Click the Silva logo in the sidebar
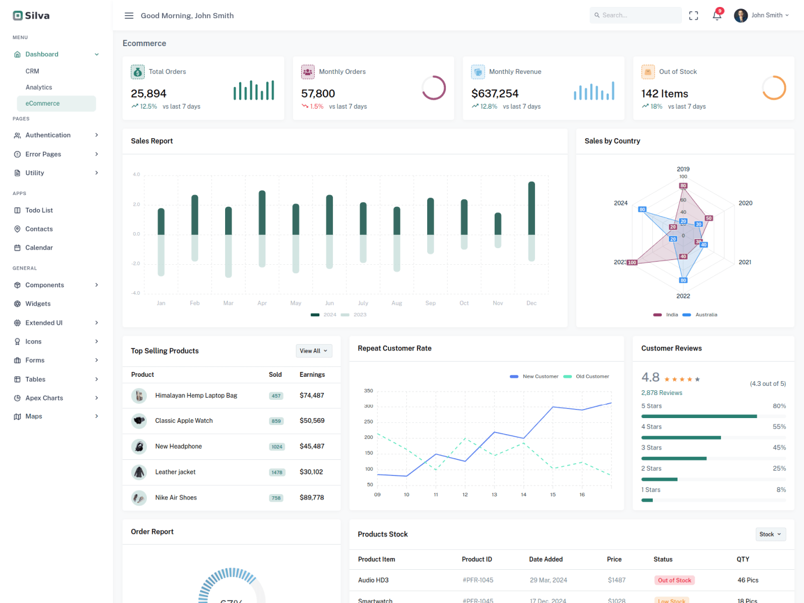pyautogui.click(x=31, y=16)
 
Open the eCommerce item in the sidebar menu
pyautogui.click(x=43, y=103)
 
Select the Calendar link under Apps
pyautogui.click(x=39, y=248)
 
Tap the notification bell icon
pyautogui.click(x=717, y=16)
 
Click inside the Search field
pyautogui.click(x=638, y=16)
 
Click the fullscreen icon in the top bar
pyautogui.click(x=694, y=16)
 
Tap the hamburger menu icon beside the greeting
pyautogui.click(x=129, y=16)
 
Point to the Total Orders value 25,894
pyautogui.click(x=148, y=94)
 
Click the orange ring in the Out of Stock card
pyautogui.click(x=773, y=88)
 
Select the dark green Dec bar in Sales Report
pyautogui.click(x=531, y=208)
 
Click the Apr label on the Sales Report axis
pyautogui.click(x=262, y=303)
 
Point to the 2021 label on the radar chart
pyautogui.click(x=745, y=262)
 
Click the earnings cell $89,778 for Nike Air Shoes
pyautogui.click(x=311, y=497)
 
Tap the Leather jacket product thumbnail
pyautogui.click(x=139, y=472)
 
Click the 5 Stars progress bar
pyautogui.click(x=699, y=416)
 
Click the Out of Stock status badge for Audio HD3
pyautogui.click(x=674, y=580)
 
